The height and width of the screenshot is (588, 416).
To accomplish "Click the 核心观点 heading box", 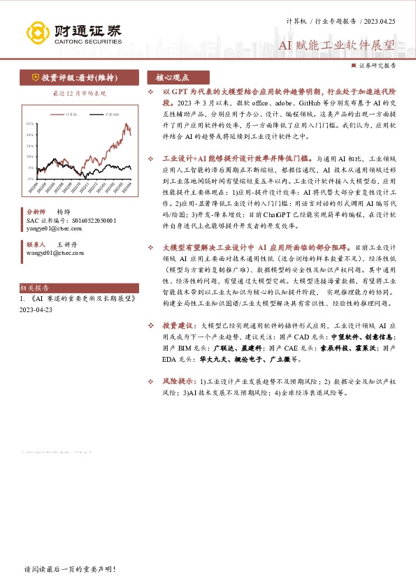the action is coord(173,78).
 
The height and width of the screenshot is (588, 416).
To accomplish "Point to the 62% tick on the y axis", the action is coord(30,124).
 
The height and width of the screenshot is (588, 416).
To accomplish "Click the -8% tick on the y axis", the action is coord(30,178).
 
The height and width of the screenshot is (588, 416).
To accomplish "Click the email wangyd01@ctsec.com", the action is coord(57,253).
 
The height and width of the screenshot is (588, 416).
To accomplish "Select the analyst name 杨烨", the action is coord(64,211).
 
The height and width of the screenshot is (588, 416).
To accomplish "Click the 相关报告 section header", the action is coord(35,287).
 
